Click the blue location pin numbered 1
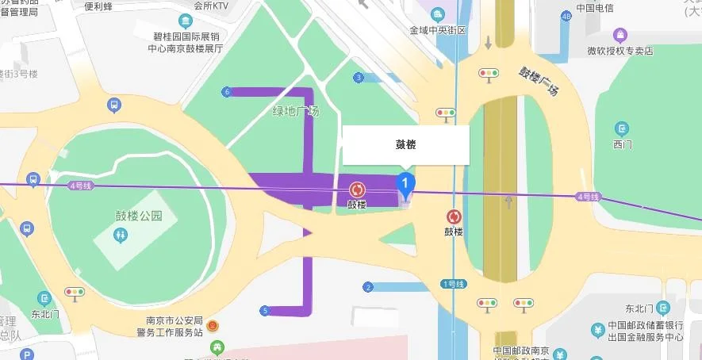[405, 185]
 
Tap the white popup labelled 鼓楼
[405, 145]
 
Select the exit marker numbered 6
[227, 92]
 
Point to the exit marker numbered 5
[264, 310]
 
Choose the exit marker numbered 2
[368, 286]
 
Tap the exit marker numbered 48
[566, 16]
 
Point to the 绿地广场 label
[295, 111]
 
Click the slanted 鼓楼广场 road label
[539, 81]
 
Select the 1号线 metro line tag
[455, 283]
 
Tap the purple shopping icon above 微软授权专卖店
[620, 35]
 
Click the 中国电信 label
[596, 9]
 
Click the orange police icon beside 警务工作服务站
[212, 326]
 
